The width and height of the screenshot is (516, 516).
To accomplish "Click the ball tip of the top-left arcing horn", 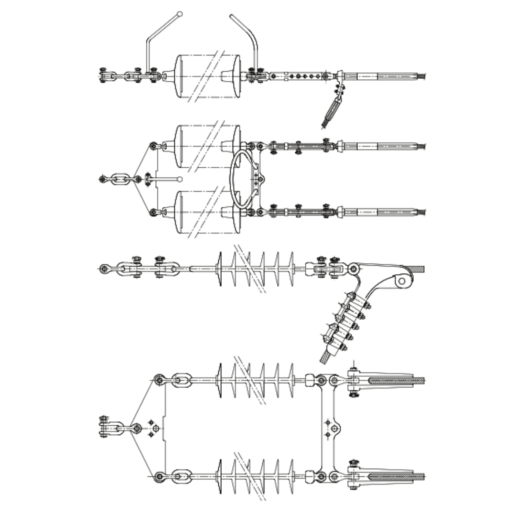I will pos(180,14).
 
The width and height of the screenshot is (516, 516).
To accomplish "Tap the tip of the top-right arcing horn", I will pos(232,17).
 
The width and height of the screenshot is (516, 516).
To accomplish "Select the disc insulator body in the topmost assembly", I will pos(208,76).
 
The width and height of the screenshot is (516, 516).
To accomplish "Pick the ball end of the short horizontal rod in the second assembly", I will pos(180,179).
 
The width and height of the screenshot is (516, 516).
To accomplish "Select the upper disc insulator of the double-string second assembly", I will pos(208,146).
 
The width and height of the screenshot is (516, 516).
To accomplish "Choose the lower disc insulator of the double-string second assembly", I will pos(208,212).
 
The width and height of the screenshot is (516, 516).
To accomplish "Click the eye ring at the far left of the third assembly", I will pos(104,269).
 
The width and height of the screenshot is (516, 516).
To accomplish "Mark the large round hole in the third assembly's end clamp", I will pos(402,280).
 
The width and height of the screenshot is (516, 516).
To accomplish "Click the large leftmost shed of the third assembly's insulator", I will pos(219,269).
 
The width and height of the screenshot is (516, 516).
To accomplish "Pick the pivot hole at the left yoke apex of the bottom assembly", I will pos(136,428).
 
